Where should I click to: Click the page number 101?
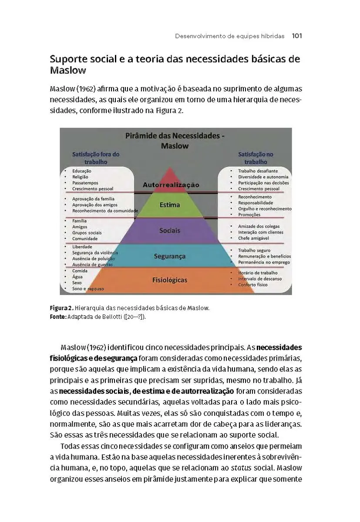297,36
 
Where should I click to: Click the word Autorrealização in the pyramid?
171,185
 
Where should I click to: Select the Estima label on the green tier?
170,204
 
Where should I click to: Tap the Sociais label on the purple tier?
170,230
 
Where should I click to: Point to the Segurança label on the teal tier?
170,256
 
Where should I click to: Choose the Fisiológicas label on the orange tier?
170,280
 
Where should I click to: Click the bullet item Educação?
82,171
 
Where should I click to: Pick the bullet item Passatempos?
85,183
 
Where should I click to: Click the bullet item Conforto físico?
252,285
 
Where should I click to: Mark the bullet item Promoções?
249,214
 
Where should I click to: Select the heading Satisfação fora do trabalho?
96,158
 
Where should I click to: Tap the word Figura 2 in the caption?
58,308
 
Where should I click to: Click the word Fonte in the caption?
57,317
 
